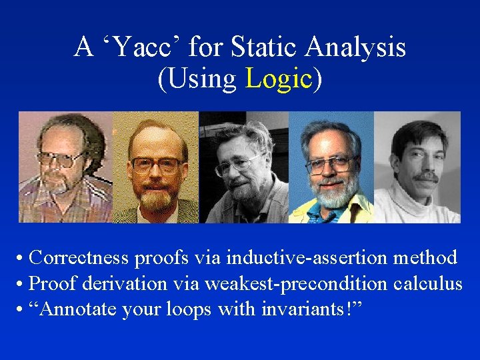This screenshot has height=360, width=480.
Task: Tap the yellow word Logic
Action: point(279,79)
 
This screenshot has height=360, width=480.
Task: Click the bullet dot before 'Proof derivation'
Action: point(22,285)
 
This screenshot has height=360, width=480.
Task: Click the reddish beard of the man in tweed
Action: point(157,199)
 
